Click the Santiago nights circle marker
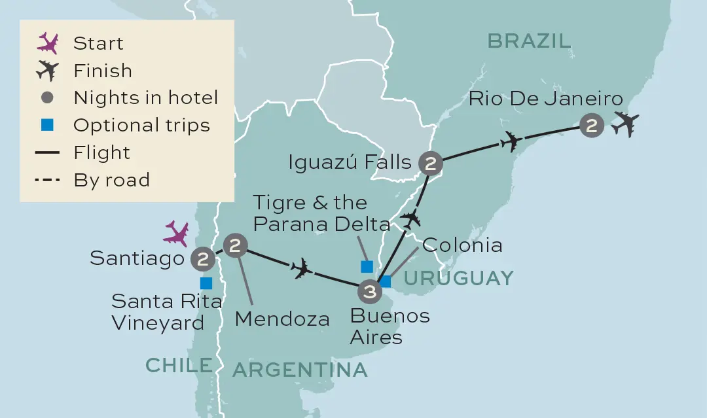[203, 259]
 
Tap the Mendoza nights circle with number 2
[236, 246]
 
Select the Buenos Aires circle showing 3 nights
[370, 291]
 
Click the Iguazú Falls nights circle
[431, 164]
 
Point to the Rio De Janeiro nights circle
[592, 126]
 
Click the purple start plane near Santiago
[177, 233]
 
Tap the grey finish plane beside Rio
[625, 124]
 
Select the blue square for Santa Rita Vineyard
[206, 283]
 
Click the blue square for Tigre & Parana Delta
[367, 266]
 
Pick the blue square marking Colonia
[386, 281]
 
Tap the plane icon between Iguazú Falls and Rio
[511, 141]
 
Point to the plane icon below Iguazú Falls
[410, 218]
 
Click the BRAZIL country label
[529, 41]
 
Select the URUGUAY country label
[458, 278]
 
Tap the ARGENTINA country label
[300, 370]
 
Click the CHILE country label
[179, 365]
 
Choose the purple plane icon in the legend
[48, 43]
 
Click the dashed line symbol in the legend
[48, 180]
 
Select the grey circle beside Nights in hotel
[48, 98]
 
